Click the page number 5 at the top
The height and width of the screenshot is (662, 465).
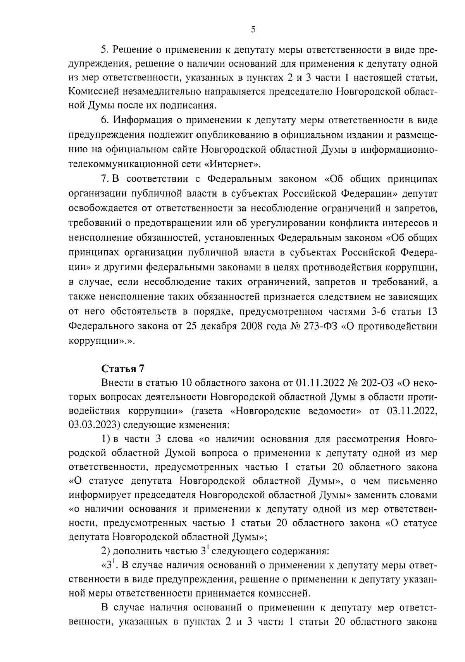[253, 29]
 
